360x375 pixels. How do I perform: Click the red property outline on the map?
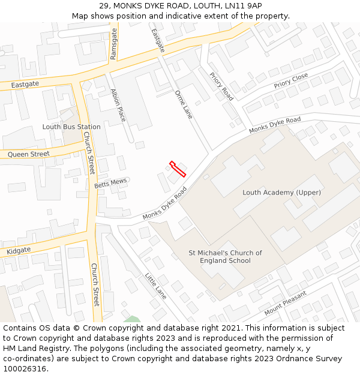click(x=178, y=169)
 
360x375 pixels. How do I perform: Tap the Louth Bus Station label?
click(x=71, y=127)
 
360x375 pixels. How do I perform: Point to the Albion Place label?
click(x=118, y=105)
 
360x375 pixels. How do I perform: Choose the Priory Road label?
click(x=221, y=86)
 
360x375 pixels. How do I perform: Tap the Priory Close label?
click(x=291, y=81)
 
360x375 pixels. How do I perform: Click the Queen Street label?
click(x=29, y=154)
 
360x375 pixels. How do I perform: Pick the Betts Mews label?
click(x=110, y=182)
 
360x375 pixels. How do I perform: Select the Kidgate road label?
click(x=19, y=250)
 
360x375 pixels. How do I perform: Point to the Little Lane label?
click(x=156, y=286)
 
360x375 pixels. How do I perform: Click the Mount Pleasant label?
click(x=286, y=303)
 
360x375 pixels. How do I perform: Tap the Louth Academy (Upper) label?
click(x=281, y=193)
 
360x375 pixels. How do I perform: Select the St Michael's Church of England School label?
click(x=225, y=257)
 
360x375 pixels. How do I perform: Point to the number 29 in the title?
click(x=104, y=6)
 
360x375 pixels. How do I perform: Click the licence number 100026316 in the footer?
click(x=25, y=369)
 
